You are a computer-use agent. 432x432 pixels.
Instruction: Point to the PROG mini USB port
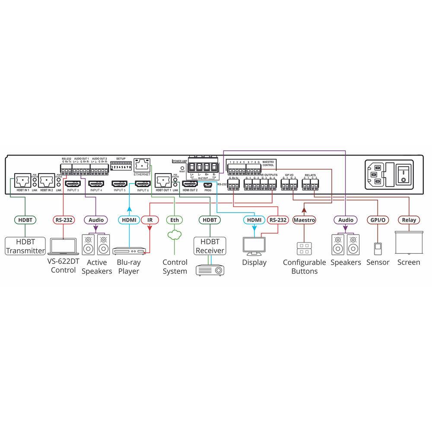point(208,184)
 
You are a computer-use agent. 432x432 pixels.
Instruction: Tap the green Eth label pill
point(175,220)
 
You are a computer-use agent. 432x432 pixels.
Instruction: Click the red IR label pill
point(149,220)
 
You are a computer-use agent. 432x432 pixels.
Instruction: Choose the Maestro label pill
point(304,220)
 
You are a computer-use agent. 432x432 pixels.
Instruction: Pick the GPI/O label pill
point(377,220)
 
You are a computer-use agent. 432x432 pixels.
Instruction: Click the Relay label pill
point(409,220)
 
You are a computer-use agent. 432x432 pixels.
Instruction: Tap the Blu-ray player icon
point(128,251)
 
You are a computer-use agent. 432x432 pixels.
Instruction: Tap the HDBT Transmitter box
point(25,246)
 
